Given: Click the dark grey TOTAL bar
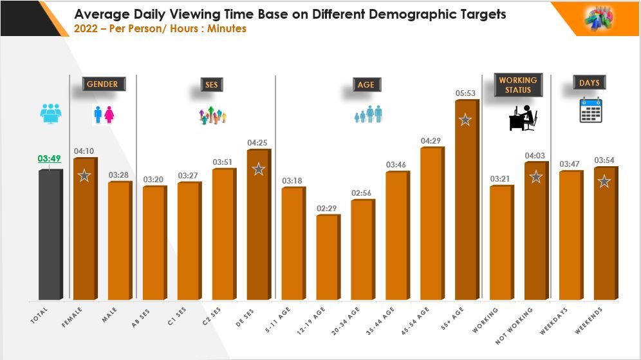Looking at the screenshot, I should click(50, 235).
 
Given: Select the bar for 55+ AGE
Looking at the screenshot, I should click(467, 200).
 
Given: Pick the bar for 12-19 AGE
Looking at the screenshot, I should click(328, 258).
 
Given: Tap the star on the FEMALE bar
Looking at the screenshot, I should click(84, 175).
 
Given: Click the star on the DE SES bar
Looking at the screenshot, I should click(258, 169).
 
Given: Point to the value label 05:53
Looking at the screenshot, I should click(465, 93).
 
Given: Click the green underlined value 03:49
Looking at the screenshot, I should click(50, 158).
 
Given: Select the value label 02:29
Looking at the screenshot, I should click(327, 207).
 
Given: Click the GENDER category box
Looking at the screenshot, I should click(103, 84).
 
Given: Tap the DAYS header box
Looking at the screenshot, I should click(589, 82).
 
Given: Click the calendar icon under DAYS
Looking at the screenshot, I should click(590, 110).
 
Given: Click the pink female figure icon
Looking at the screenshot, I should click(109, 115).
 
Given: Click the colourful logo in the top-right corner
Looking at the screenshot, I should click(598, 17).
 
